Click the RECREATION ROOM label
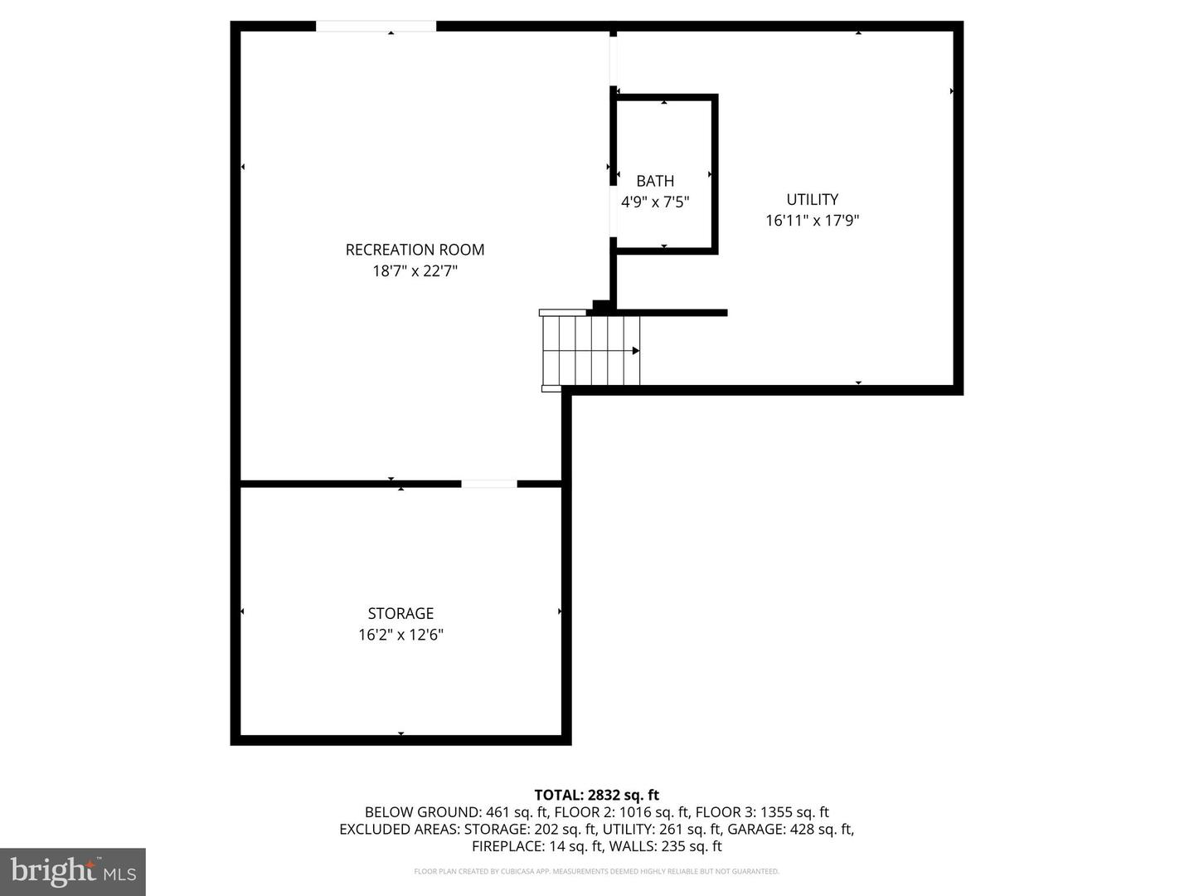point(415,250)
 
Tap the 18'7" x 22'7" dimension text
point(415,271)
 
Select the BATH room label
point(655,181)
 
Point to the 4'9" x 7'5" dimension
point(655,202)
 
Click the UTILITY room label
point(812,199)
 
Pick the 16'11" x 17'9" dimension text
point(812,221)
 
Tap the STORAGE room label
point(400,613)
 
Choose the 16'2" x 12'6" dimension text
point(400,635)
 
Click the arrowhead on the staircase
point(635,351)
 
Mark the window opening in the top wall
point(376,26)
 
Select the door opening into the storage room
point(489,484)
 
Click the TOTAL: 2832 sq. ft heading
point(597,795)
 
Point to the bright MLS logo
point(73,871)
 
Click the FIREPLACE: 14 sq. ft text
point(537,846)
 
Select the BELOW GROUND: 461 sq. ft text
point(457,812)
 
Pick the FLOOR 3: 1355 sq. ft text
point(762,812)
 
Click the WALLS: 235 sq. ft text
point(665,846)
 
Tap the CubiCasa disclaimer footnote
point(597,871)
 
